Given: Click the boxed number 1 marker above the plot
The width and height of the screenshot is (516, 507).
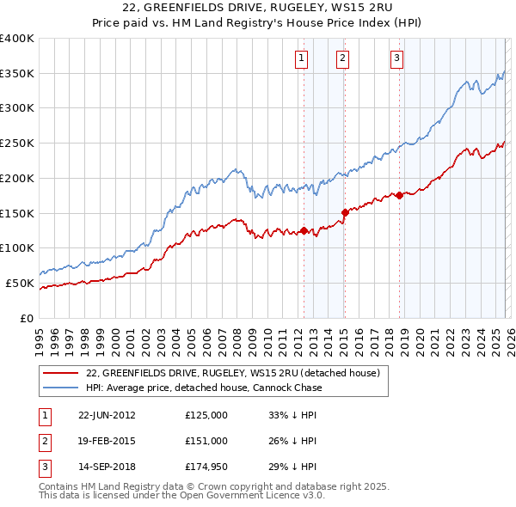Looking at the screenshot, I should pos(302,58).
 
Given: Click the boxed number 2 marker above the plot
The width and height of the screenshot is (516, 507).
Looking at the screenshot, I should pos(342,58).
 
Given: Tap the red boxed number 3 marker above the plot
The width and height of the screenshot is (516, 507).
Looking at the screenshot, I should pos(397,58).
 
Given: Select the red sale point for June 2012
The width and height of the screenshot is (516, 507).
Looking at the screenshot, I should pos(304,230).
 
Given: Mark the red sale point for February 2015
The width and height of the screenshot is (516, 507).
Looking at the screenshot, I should pos(345,211).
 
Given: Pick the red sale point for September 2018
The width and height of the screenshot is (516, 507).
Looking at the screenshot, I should pos(400,195).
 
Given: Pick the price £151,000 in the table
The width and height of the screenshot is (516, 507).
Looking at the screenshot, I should pos(206,441).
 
